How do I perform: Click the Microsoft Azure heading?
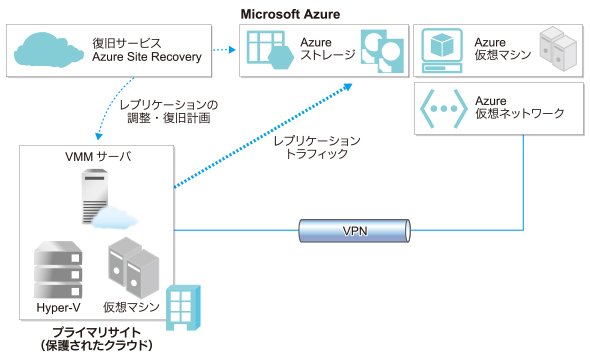[x=290, y=14]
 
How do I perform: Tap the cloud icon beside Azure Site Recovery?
[x=49, y=49]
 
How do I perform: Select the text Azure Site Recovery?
[x=147, y=57]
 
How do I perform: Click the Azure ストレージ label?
[x=327, y=49]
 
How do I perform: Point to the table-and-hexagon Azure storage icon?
[x=270, y=50]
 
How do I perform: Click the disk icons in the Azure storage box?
[x=382, y=51]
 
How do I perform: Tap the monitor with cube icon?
[x=442, y=50]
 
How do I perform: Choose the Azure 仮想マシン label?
[x=502, y=49]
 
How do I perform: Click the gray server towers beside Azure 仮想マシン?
[x=558, y=49]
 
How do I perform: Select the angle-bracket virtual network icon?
[x=444, y=109]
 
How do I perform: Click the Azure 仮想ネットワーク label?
[x=519, y=107]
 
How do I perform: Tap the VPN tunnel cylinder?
[x=354, y=231]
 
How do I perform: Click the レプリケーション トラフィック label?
[x=316, y=147]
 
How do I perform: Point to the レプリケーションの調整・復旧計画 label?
[x=169, y=111]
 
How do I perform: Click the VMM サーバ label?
[x=98, y=156]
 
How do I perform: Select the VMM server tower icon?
[x=99, y=197]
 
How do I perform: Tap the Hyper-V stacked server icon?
[x=58, y=270]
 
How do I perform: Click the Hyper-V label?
[x=58, y=308]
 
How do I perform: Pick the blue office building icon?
[x=183, y=308]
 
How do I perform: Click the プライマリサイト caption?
[x=97, y=333]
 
